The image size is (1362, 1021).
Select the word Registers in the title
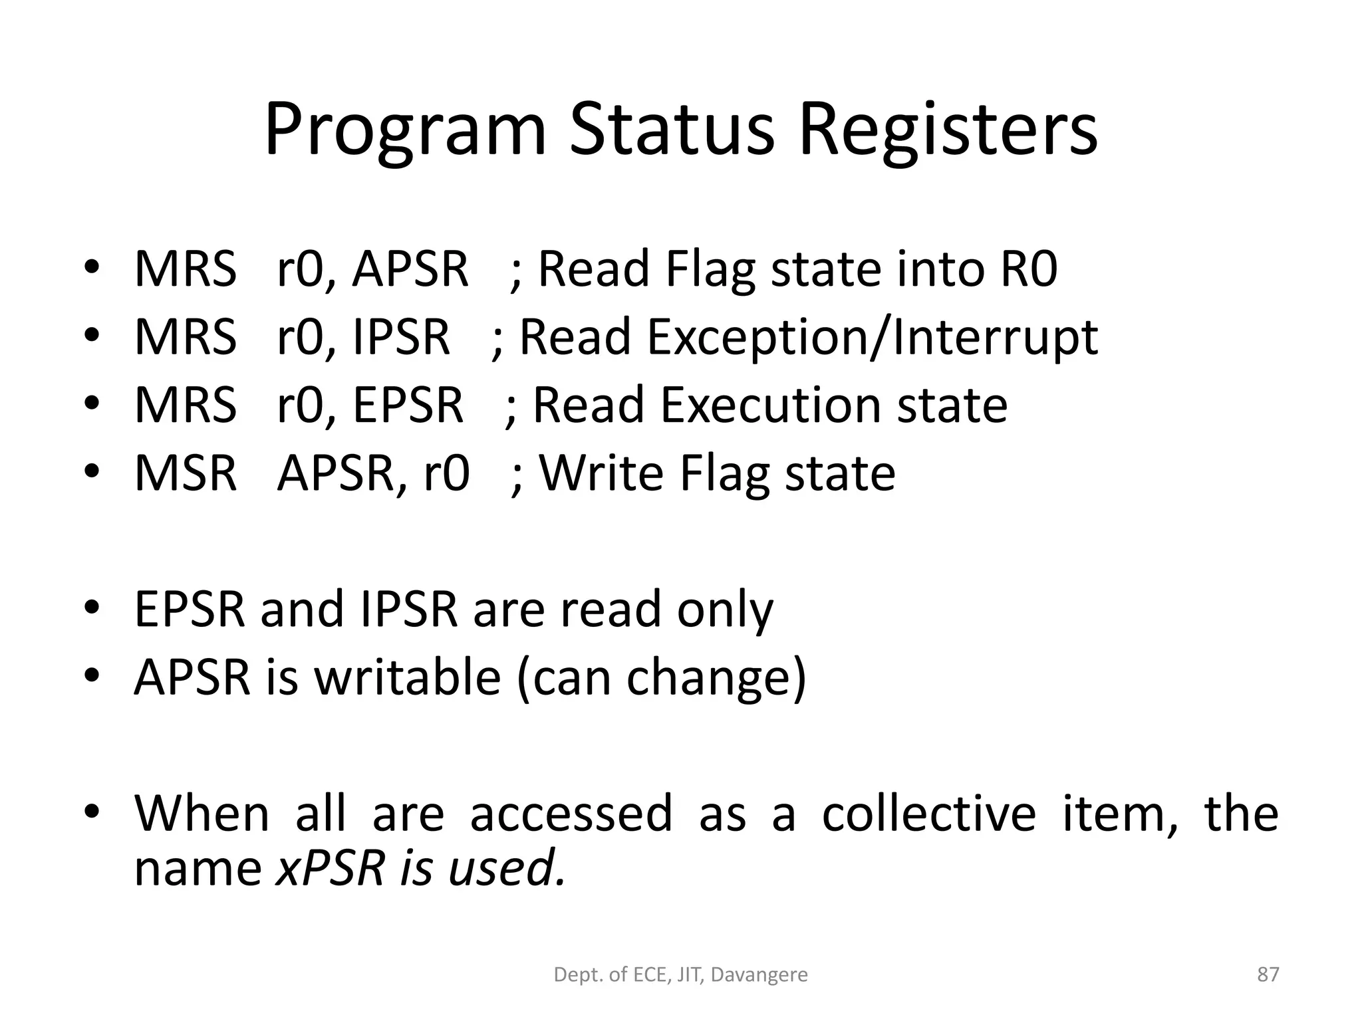click(947, 130)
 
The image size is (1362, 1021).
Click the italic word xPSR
click(331, 868)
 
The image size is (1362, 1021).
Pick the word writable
click(407, 677)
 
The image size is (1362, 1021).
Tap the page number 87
click(1268, 974)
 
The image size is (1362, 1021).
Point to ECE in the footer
click(647, 975)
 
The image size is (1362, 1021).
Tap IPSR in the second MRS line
click(400, 338)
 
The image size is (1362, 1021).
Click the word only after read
click(725, 610)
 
